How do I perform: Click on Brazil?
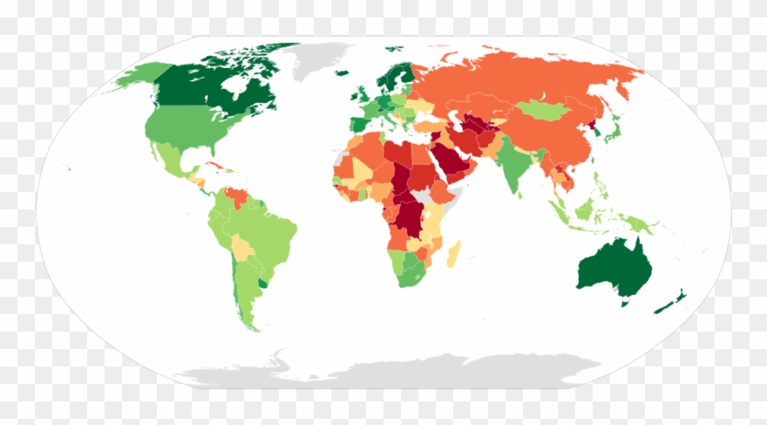(x=266, y=231)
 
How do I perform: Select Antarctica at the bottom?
(x=392, y=371)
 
